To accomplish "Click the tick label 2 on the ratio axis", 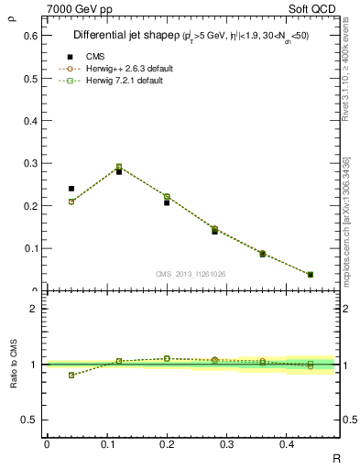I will point(34,309).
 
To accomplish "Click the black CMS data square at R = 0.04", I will point(71,189).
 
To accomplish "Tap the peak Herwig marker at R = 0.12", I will point(119,168).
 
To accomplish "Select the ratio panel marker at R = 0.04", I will point(71,375).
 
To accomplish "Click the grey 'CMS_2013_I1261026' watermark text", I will point(191,273).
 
